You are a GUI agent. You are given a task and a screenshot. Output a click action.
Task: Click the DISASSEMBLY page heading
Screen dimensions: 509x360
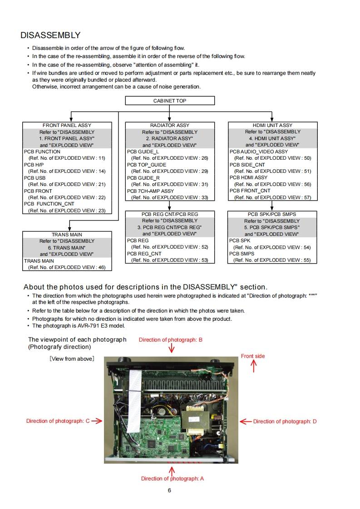[x=50, y=35]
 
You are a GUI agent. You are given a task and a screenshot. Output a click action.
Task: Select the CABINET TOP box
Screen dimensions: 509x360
[x=169, y=101]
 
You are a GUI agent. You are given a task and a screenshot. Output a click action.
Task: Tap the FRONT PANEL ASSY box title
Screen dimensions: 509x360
[x=67, y=125]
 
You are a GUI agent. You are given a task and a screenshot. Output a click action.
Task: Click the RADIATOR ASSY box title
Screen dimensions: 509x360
[x=169, y=125]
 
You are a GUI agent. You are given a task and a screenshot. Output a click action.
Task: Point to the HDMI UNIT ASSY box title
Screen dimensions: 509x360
[x=272, y=125]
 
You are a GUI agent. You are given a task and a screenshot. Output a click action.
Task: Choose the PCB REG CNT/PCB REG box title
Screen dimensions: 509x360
[x=169, y=214]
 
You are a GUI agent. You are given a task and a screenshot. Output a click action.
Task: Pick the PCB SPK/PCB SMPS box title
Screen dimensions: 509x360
[x=272, y=214]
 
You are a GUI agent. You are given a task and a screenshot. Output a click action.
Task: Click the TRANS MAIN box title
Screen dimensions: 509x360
[x=67, y=235]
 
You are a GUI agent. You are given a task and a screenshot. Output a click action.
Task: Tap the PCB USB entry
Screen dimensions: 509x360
[x=35, y=178]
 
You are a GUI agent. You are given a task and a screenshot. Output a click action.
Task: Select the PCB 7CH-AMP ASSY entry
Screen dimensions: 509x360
[x=150, y=191]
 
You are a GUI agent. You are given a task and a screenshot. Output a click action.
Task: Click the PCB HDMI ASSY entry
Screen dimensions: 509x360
[x=248, y=178]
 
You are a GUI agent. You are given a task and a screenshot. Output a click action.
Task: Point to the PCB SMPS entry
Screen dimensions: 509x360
[x=242, y=254]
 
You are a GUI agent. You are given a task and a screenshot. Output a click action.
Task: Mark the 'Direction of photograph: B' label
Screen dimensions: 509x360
[x=170, y=340]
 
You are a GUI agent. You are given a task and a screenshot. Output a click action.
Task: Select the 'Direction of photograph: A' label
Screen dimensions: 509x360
[x=172, y=479]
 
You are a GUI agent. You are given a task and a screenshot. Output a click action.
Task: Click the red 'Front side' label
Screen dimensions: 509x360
[x=252, y=356]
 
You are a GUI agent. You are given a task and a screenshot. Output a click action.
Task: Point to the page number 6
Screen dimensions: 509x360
[x=169, y=490]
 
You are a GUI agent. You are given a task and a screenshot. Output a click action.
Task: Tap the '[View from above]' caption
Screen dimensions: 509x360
[x=72, y=359]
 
